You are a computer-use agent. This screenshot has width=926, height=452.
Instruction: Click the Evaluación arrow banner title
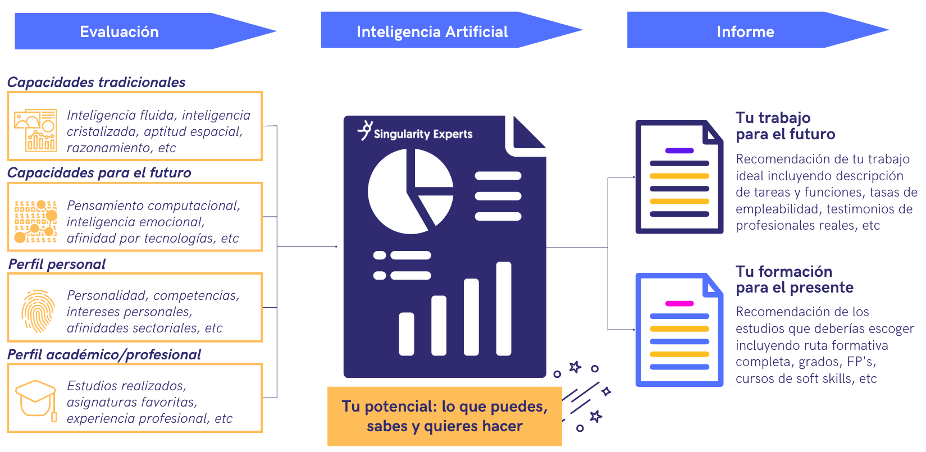119,32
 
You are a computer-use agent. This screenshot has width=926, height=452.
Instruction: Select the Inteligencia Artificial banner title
432,32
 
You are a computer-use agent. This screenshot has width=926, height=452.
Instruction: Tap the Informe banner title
745,32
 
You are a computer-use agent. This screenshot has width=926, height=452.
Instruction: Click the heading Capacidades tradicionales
96,83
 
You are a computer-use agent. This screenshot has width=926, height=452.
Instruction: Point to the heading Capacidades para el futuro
99,173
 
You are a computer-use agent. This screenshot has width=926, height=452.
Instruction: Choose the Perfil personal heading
57,264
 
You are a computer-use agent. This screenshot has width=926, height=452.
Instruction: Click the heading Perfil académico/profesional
104,355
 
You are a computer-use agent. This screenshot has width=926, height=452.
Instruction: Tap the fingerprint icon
38,311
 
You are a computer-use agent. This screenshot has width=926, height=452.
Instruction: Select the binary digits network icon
35,221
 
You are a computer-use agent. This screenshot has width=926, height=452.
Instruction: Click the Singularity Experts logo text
423,134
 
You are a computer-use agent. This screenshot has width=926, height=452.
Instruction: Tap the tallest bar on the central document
503,308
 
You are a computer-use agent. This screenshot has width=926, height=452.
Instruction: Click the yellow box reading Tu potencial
445,416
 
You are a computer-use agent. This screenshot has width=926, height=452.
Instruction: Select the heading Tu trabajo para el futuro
785,126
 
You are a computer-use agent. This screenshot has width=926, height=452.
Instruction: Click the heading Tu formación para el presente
794,280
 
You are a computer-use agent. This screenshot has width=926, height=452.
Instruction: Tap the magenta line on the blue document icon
679,303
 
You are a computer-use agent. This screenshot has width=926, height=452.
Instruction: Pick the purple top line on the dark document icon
679,150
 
